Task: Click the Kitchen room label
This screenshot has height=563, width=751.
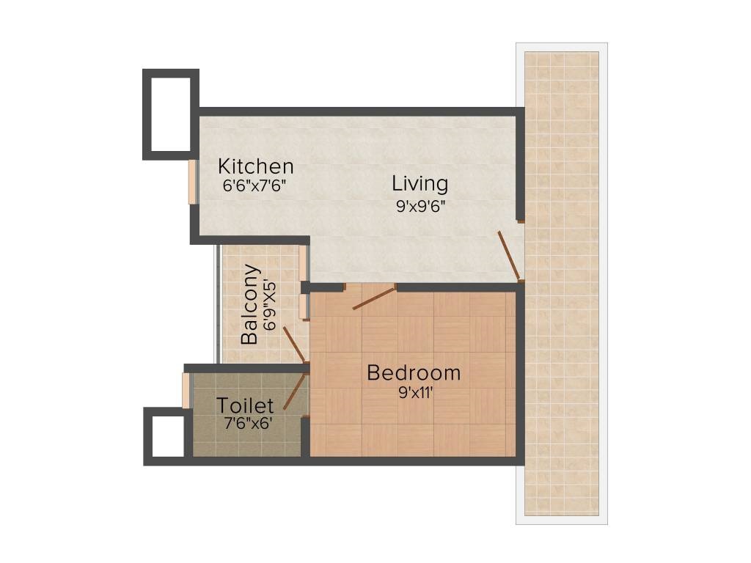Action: point(255,166)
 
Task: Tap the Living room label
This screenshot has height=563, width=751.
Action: point(420,183)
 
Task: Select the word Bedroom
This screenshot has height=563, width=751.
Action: point(414,373)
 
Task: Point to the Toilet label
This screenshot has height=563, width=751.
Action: point(245,405)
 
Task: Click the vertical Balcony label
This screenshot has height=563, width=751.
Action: point(250,304)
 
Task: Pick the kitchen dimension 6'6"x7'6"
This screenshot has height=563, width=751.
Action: point(254,185)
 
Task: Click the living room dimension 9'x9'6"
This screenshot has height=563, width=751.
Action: point(421,206)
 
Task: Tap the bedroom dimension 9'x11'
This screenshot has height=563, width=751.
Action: point(414,392)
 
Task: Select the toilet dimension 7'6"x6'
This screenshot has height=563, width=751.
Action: point(246,422)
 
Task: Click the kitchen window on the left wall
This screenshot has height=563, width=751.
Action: point(192,182)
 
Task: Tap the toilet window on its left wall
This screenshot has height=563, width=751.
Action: point(186,390)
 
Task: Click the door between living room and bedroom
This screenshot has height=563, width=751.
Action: point(374,298)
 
